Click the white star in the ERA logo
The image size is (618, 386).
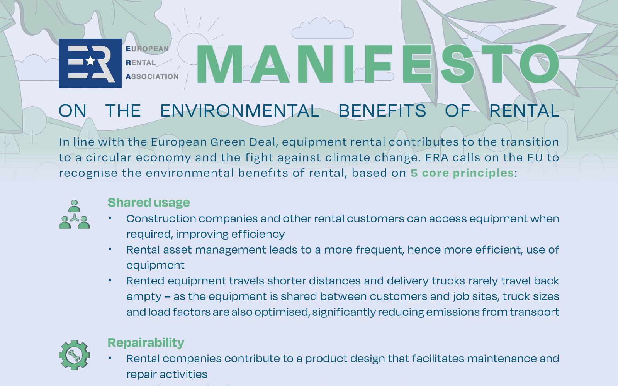point(90,61)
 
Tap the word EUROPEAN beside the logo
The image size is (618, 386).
point(147,49)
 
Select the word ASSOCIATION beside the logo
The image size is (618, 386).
point(152,76)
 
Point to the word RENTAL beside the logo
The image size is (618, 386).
point(141,63)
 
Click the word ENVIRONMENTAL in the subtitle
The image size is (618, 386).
point(240,110)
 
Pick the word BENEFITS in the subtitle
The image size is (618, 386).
point(382,110)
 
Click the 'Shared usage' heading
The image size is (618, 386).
point(149,202)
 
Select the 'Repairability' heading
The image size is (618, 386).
point(146,343)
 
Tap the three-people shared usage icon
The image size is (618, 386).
point(74,214)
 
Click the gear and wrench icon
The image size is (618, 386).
point(74,355)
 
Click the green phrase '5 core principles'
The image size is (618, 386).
point(462,173)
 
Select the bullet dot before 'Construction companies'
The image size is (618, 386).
point(110,218)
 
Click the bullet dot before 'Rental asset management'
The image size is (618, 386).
point(110,249)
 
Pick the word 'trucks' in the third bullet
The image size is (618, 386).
point(448,281)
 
